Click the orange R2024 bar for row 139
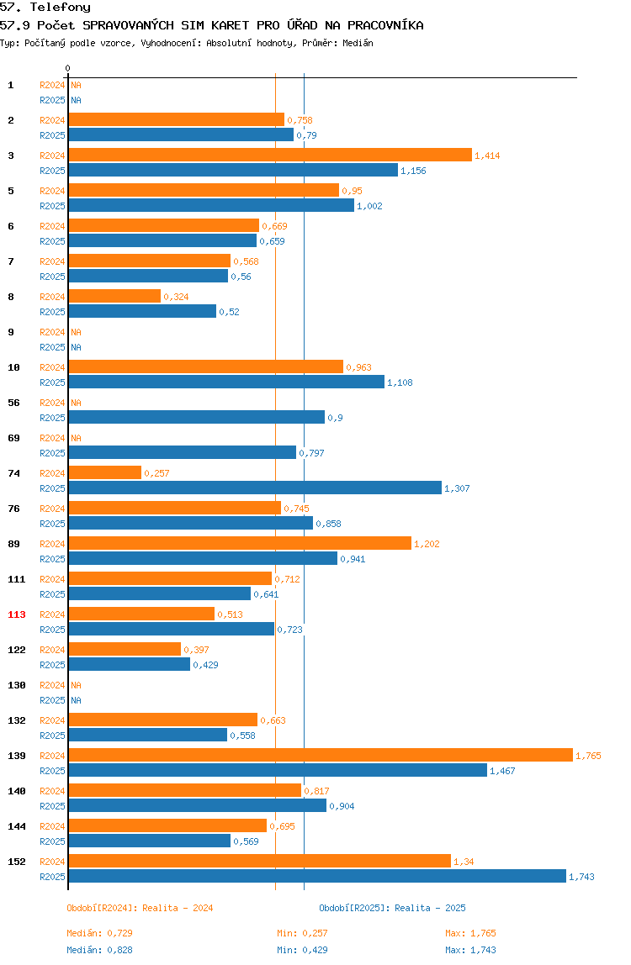(x=321, y=755)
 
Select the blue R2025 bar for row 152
(x=317, y=877)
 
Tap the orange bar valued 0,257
(x=105, y=472)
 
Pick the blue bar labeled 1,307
(x=255, y=488)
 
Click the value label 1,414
(x=487, y=156)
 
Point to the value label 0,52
(x=229, y=312)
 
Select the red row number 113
(x=17, y=614)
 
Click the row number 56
(x=13, y=403)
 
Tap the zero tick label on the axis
(x=68, y=68)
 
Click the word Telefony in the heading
(x=61, y=8)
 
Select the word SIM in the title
(x=193, y=25)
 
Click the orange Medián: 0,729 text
(x=100, y=933)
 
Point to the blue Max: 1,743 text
(x=471, y=950)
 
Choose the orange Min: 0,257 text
(x=302, y=933)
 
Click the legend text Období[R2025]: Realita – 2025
(x=393, y=908)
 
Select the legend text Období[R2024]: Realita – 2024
(x=140, y=908)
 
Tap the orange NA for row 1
(x=76, y=85)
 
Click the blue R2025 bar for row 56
(x=197, y=417)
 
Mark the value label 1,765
(x=588, y=756)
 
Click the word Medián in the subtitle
(x=358, y=43)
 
